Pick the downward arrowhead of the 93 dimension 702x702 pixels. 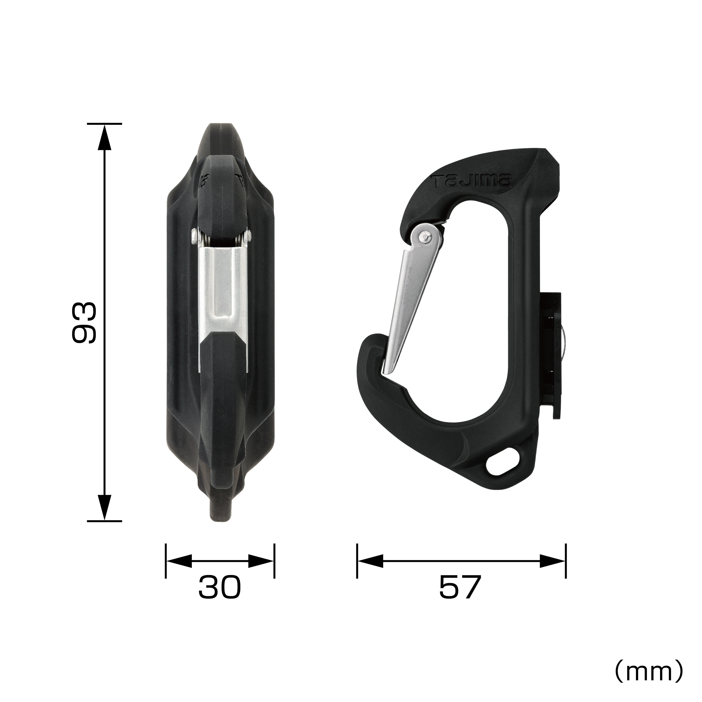click(x=105, y=508)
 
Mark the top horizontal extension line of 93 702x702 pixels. click(x=105, y=124)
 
